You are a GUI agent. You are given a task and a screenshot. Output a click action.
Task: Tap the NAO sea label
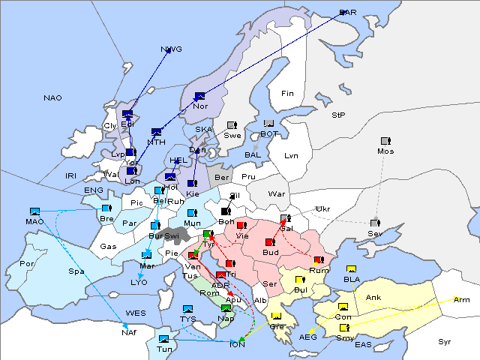53,98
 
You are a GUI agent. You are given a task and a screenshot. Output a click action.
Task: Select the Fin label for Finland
287,94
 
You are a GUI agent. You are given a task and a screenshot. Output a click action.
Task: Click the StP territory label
338,115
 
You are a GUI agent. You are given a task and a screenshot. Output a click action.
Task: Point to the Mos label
386,151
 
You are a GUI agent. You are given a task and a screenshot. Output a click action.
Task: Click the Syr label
445,342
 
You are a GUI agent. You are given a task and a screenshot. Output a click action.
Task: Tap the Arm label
462,300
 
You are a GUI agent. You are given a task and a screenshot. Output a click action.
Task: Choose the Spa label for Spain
76,271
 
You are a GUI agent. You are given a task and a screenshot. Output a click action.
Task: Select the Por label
28,264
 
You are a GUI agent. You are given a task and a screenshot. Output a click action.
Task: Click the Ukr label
322,208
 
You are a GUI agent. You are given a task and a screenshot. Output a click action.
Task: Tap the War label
277,193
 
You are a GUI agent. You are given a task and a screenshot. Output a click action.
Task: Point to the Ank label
373,298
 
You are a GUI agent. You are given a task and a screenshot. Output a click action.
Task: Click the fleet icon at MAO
34,211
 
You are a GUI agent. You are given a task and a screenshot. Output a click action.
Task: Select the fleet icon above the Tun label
163,340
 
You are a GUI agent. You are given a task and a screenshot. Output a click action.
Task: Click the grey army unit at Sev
376,223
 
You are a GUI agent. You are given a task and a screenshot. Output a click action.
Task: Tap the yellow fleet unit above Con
343,307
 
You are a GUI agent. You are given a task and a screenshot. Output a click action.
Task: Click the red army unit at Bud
270,242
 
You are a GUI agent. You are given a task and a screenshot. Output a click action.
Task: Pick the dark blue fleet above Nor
199,96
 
